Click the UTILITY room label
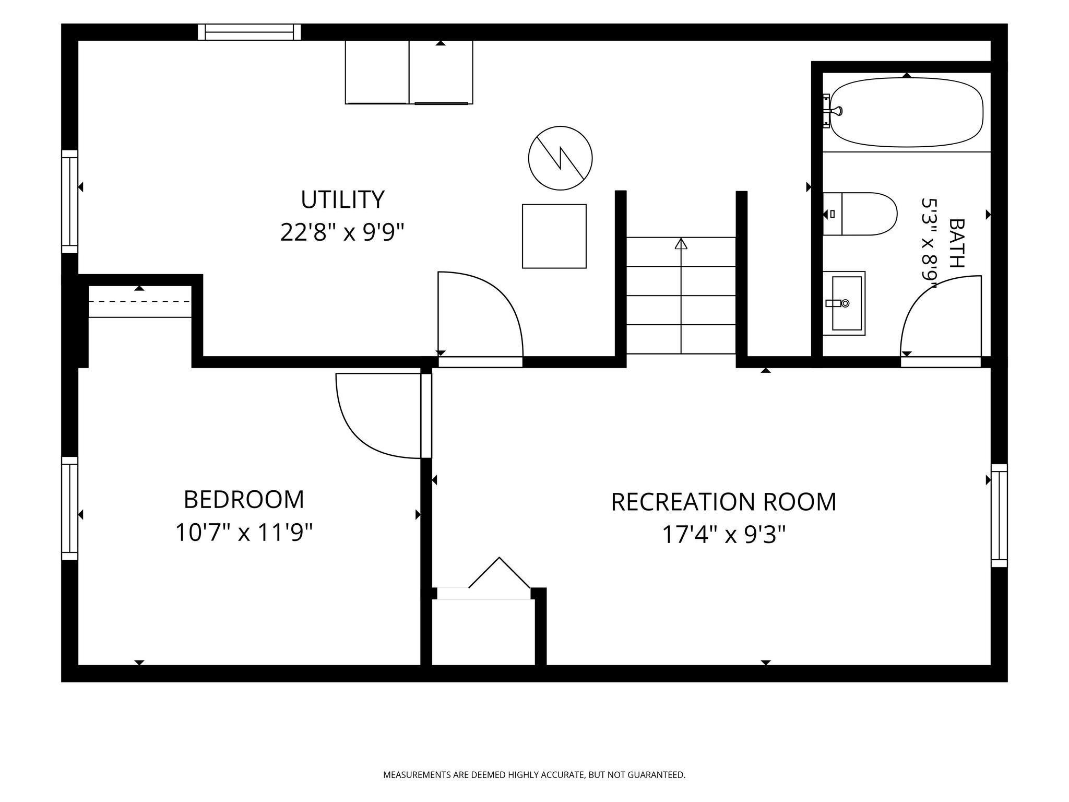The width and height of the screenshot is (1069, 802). coord(342,199)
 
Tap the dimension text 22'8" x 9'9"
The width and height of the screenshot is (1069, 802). coord(342,232)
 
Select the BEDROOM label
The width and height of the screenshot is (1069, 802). coord(244,500)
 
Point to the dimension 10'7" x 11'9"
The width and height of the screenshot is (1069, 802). coord(244,533)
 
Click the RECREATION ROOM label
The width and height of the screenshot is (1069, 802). coord(723,502)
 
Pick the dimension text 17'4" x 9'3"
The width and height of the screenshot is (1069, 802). coord(723,534)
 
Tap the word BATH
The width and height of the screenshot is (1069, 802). coord(956,243)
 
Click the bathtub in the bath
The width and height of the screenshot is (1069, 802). coord(906,112)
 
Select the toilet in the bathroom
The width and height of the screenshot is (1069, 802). coord(860,214)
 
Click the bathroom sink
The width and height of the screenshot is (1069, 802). coord(844,303)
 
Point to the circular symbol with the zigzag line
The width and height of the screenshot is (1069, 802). coord(561,158)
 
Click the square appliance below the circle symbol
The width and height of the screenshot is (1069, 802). coord(554,236)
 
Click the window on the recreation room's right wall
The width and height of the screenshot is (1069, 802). coord(999,515)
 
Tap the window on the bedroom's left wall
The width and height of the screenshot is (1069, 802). coord(70,509)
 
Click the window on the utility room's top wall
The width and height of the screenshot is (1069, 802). coord(250,32)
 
